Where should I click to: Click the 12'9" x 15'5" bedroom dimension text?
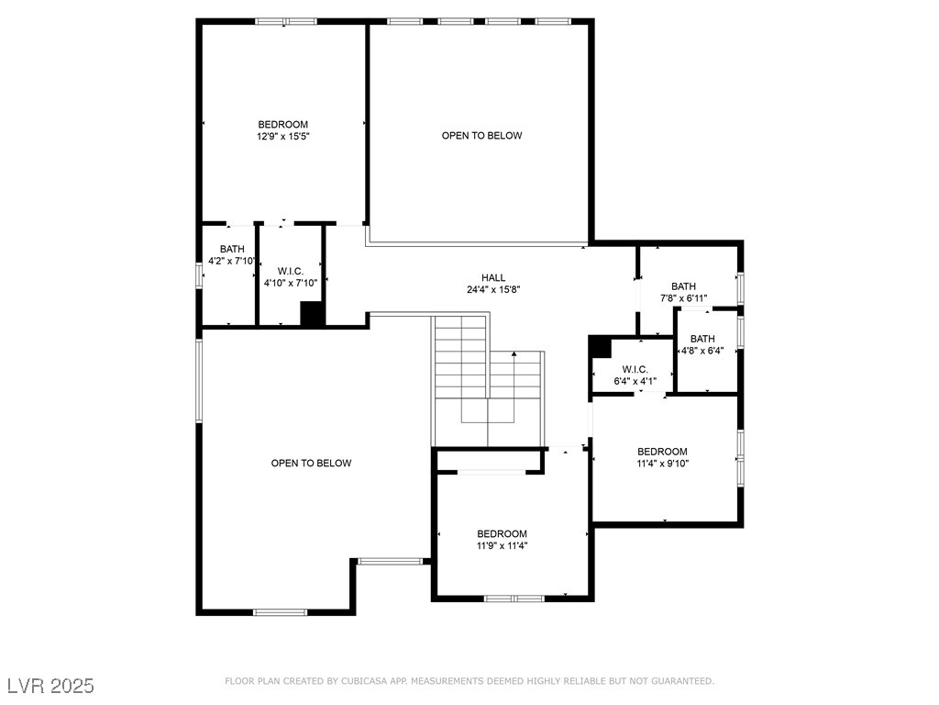[x=282, y=138]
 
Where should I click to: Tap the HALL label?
[x=493, y=278]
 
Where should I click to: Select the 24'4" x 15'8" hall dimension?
[x=493, y=290]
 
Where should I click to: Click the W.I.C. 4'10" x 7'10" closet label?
[x=291, y=277]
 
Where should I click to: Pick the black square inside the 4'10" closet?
[x=313, y=313]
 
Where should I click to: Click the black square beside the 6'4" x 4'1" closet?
[x=600, y=348]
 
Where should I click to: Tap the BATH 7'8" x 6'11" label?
[x=683, y=292]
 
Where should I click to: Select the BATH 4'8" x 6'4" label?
[x=702, y=344]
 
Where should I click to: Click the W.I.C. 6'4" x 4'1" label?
[x=635, y=375]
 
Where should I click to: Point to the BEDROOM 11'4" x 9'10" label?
[x=662, y=457]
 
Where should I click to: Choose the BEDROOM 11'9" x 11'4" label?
[x=502, y=540]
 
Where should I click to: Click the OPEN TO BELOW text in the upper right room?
[x=481, y=136]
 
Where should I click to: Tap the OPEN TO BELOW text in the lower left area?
[x=311, y=464]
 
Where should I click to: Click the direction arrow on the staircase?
[x=515, y=354]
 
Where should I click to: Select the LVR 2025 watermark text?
[x=50, y=686]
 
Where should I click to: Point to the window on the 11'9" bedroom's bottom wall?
[x=514, y=598]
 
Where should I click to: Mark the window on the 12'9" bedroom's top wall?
[x=286, y=20]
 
